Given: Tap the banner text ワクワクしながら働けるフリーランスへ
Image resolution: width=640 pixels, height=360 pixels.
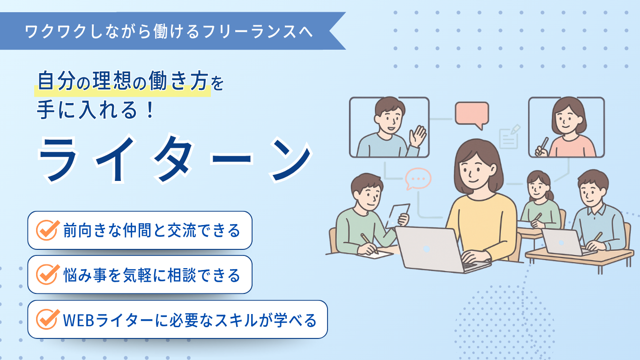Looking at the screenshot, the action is pyautogui.click(x=169, y=31).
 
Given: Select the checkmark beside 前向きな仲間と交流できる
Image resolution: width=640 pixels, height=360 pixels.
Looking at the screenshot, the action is pyautogui.click(x=47, y=230).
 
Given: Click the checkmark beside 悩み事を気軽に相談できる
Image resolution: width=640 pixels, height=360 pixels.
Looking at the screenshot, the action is pyautogui.click(x=47, y=275).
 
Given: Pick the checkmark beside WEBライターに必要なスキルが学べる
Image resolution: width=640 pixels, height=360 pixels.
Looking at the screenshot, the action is pyautogui.click(x=47, y=319).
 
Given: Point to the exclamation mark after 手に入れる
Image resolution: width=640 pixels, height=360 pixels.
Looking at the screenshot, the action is pyautogui.click(x=149, y=110).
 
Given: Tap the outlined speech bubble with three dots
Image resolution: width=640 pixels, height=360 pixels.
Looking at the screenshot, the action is pyautogui.click(x=418, y=179).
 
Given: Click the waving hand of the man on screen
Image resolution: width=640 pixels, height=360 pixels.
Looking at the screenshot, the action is pyautogui.click(x=418, y=136).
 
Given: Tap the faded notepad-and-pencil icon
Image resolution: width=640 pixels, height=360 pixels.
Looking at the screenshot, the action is pyautogui.click(x=509, y=137).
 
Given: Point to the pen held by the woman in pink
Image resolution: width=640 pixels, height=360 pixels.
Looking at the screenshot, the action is pyautogui.click(x=543, y=145).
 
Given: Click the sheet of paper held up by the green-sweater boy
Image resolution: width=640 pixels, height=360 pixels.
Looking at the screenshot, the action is pyautogui.click(x=398, y=215).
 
